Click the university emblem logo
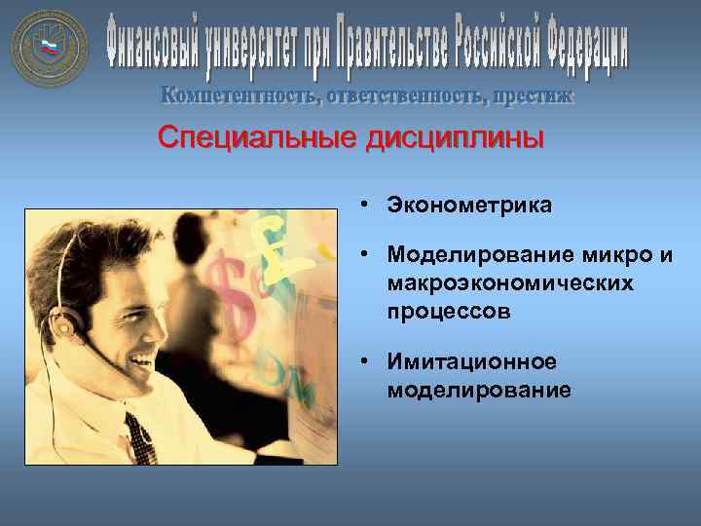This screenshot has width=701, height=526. tap(50, 48)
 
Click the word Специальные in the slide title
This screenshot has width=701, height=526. tap(257, 138)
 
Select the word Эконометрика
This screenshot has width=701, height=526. tap(468, 206)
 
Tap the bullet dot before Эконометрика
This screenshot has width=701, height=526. tap(361, 206)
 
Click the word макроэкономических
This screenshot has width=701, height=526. tap(509, 283)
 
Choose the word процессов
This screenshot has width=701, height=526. tap(448, 313)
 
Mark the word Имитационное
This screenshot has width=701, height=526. tap(471, 361)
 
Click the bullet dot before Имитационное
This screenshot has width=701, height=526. tap(361, 361)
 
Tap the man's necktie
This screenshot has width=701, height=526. tap(140, 437)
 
